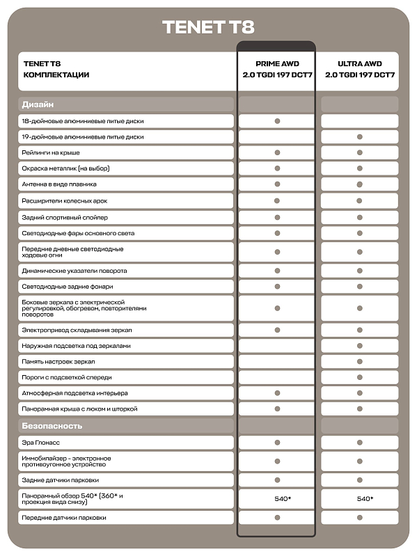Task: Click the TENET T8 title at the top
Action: click(208, 27)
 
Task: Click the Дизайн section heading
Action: click(38, 104)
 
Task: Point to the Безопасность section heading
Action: click(52, 425)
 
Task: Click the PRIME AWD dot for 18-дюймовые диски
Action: click(277, 121)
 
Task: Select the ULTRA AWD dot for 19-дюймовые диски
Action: click(360, 137)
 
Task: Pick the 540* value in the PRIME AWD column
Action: click(277, 498)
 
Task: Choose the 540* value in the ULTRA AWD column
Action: click(360, 498)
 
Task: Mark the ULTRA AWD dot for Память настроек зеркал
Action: click(360, 362)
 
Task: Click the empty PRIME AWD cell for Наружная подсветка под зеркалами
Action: click(277, 346)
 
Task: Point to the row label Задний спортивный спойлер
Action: click(65, 217)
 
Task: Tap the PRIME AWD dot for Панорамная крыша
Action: click(277, 409)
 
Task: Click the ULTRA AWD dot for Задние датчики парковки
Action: click(360, 480)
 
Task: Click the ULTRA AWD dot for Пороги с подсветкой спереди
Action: click(360, 377)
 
